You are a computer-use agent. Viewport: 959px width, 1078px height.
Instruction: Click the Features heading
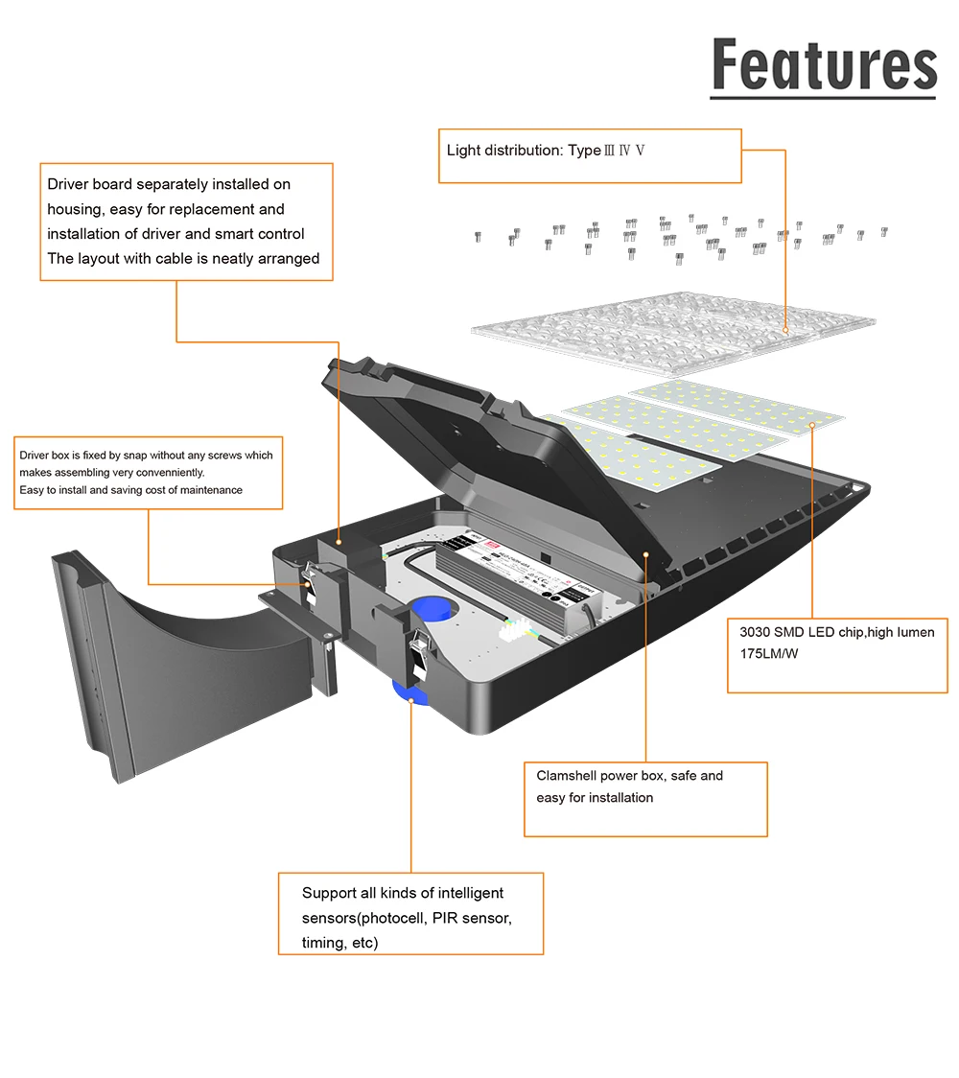(824, 65)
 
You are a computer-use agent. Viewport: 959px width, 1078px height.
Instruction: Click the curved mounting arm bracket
(182, 662)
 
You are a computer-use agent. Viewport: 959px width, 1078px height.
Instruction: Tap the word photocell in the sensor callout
(389, 918)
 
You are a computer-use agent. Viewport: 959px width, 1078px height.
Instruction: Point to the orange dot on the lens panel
(785, 331)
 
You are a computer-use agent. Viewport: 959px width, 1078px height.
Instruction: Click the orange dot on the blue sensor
(410, 700)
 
